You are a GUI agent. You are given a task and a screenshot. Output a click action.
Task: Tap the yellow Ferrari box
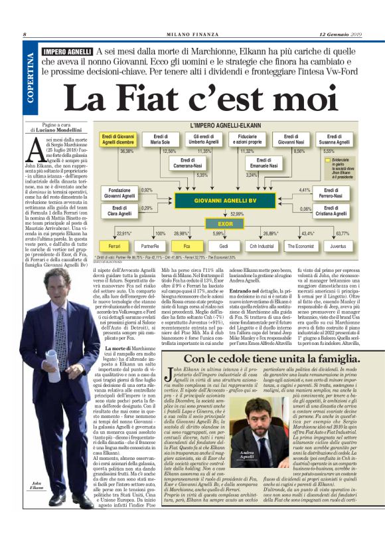(114, 245)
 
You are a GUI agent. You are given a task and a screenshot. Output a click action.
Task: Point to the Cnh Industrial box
(263, 245)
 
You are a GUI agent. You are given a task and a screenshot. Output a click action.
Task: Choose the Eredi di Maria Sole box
(160, 140)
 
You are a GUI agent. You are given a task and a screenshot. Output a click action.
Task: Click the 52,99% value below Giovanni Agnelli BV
(236, 213)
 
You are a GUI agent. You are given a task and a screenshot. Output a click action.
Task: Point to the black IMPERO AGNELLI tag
(66, 51)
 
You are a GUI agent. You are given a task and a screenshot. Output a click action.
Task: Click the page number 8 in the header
(25, 35)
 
